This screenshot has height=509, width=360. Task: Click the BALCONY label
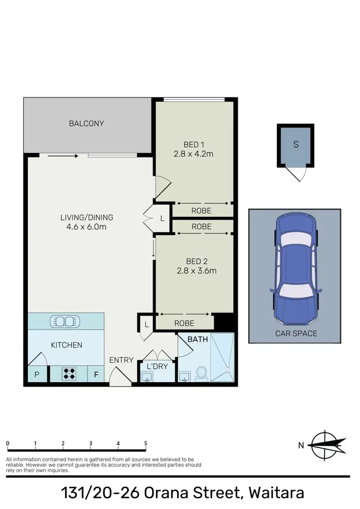86,123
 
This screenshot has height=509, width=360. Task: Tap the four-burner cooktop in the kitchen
69,374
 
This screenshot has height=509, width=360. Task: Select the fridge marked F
96,374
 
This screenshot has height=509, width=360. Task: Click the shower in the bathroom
223,357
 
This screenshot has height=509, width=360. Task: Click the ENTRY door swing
120,378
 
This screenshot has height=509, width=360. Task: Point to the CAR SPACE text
296,333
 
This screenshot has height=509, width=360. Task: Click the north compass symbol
326,445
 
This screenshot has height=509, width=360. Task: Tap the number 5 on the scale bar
145,444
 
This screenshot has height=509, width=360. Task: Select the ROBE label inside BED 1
201,211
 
